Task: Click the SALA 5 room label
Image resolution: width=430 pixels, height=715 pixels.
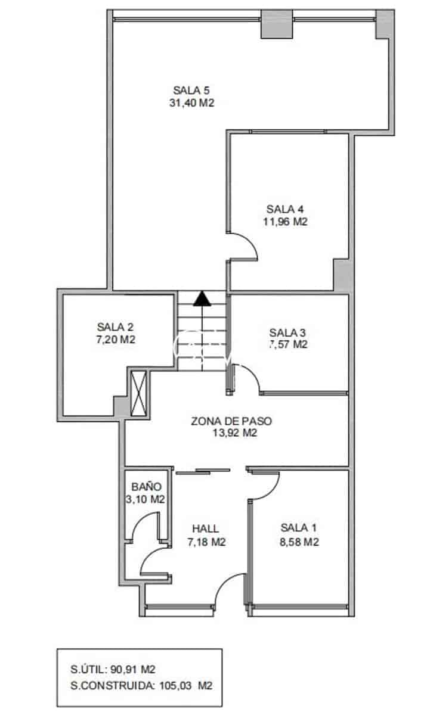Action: pos(191,91)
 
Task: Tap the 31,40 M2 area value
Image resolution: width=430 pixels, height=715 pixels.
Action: pos(191,102)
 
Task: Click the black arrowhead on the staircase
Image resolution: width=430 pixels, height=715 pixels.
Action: pos(202,297)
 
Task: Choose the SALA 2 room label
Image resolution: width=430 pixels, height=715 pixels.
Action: pos(115,327)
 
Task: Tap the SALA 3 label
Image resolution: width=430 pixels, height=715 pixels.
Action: pos(287,332)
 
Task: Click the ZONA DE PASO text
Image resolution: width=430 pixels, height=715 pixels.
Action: pos(231,421)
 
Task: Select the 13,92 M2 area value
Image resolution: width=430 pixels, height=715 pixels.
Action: pos(234,433)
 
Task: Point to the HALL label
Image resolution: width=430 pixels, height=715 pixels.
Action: pos(205,529)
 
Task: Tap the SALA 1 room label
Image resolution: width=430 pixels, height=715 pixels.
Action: pos(299,528)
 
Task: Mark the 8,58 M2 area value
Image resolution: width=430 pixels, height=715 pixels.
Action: pos(299,542)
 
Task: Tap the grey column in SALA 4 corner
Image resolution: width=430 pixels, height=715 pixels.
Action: pos(342,275)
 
